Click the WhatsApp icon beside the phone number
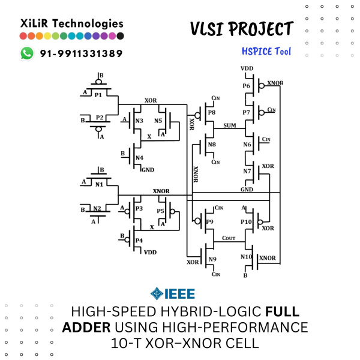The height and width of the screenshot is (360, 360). (27, 53)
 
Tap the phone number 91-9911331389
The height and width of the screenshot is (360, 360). (81, 53)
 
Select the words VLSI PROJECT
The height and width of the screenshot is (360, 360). (241, 29)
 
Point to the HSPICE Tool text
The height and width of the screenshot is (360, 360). (266, 52)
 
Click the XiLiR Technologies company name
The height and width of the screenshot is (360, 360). (72, 23)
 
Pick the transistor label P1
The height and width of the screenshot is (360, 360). (98, 95)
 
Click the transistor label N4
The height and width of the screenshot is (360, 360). (139, 158)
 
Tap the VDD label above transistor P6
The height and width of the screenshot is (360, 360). (247, 69)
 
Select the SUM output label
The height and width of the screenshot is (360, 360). (229, 125)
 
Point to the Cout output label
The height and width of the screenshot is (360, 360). (228, 238)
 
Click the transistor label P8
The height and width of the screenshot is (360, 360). (211, 112)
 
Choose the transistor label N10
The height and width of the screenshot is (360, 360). (246, 256)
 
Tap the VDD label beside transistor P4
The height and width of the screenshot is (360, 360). (150, 252)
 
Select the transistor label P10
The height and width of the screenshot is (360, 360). (246, 221)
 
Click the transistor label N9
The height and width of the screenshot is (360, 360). (212, 259)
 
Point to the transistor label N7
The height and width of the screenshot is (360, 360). (247, 171)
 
